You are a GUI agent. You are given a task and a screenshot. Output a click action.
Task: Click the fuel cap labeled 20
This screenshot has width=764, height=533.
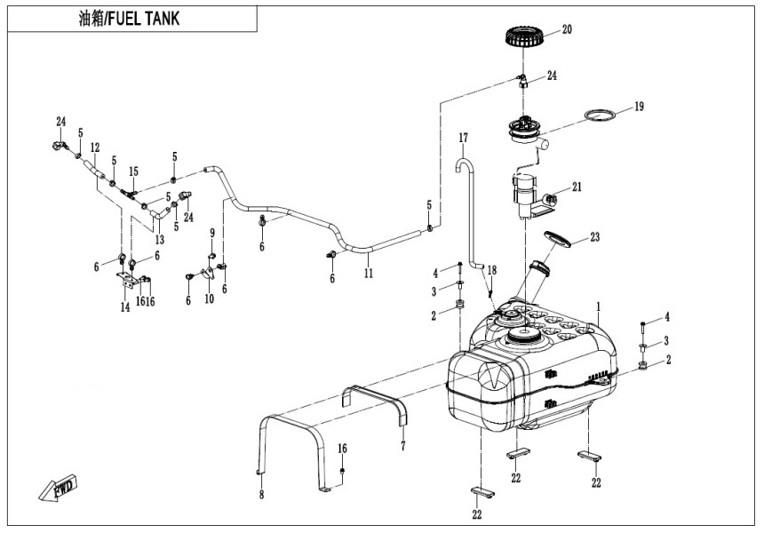[x=524, y=37]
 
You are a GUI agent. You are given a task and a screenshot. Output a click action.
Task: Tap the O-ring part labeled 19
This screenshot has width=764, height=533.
[x=600, y=115]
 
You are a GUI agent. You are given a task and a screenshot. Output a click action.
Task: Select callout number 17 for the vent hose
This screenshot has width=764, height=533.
[x=463, y=139]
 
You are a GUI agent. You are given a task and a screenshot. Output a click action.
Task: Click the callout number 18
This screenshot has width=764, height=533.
[x=491, y=269]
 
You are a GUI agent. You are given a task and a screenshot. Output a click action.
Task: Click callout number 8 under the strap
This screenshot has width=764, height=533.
[x=261, y=494]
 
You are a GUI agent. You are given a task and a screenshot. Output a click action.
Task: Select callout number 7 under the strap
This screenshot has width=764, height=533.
[x=402, y=444]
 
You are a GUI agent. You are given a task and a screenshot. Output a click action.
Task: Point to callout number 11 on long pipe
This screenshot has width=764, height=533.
[x=368, y=274]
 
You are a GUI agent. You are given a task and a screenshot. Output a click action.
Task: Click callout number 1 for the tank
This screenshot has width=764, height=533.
[x=598, y=306]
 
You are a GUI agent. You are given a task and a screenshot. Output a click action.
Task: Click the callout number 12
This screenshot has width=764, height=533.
[x=95, y=147]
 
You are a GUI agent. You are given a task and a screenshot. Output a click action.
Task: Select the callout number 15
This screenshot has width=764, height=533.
[x=134, y=171]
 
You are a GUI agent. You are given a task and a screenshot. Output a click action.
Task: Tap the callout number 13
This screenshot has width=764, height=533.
[x=159, y=239]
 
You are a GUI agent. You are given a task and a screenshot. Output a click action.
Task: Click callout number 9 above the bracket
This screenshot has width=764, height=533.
[x=211, y=234]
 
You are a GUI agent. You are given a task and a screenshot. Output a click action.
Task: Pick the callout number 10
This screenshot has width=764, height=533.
[x=209, y=299]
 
